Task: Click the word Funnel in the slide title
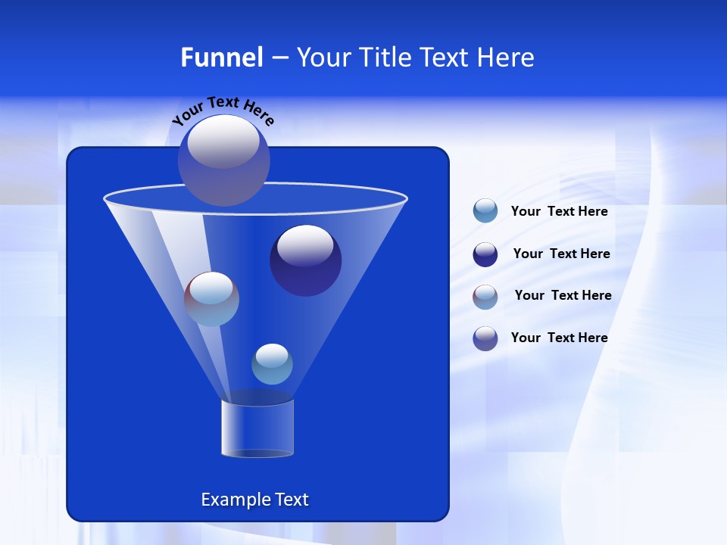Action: [221, 58]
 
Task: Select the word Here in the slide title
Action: [505, 58]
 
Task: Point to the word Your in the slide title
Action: [321, 58]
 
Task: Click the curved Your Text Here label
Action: [223, 109]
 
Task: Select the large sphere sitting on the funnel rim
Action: [223, 160]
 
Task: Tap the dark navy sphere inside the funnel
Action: [305, 260]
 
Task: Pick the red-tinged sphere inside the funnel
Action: [212, 299]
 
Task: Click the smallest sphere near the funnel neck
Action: [272, 364]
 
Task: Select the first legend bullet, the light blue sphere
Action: [485, 210]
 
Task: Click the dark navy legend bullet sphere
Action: [485, 254]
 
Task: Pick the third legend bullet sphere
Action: [485, 296]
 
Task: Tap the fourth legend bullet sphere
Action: [485, 338]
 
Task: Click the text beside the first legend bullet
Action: [559, 211]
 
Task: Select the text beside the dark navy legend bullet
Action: [561, 254]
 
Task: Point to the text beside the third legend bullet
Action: [563, 295]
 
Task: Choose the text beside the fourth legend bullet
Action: [559, 338]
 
